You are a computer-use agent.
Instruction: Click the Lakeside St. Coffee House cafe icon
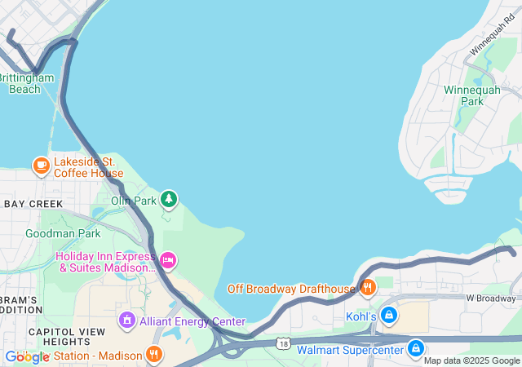(x=41, y=166)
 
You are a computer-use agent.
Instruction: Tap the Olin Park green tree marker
(x=169, y=198)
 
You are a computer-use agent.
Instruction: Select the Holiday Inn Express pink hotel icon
(x=168, y=261)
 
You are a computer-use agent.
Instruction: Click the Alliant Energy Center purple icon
(x=126, y=320)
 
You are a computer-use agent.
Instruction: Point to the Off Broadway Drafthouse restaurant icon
(x=369, y=287)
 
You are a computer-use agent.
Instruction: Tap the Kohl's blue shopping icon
(x=389, y=315)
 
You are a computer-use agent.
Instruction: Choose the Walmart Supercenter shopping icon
(x=416, y=349)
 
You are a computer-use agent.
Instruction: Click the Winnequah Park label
(x=464, y=95)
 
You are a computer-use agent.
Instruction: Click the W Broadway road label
(x=493, y=298)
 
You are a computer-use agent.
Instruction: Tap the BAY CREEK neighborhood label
(x=33, y=203)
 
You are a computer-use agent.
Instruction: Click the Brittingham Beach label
(x=26, y=83)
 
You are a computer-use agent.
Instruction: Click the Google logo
(x=28, y=356)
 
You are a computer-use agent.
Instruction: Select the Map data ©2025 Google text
(x=471, y=360)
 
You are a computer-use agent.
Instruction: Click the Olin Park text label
(x=133, y=200)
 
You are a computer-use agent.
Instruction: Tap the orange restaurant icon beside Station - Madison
(x=153, y=354)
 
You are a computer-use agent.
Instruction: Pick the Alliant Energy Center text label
(x=192, y=321)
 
